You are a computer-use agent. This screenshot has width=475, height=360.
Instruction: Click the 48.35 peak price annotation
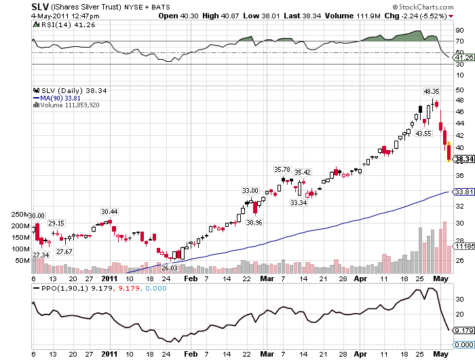[x=432, y=91]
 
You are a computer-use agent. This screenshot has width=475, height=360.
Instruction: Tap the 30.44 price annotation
[x=109, y=212]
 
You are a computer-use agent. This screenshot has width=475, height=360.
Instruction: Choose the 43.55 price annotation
[x=423, y=133]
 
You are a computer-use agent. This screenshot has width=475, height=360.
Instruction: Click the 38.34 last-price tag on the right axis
[x=464, y=159]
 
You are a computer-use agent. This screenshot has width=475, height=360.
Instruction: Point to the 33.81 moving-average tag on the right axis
[x=464, y=192]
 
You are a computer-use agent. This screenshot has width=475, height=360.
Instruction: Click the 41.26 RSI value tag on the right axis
[x=464, y=58]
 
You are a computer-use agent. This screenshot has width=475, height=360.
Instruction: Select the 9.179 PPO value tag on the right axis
[x=464, y=330]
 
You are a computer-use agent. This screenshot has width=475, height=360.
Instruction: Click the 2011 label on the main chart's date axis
[x=110, y=278]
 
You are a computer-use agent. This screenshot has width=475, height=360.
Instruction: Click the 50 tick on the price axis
[x=459, y=90]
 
